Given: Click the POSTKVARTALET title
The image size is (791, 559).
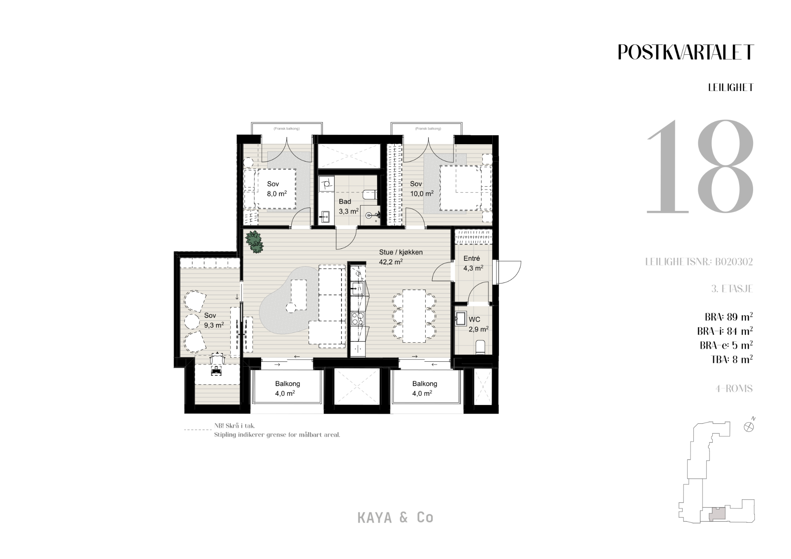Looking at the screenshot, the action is pos(686,52).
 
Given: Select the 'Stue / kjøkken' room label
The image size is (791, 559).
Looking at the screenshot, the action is pos(401,252).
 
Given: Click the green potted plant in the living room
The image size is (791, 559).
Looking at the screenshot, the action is pos(255,242).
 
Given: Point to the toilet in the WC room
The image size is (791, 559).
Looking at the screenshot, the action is pos(481,347).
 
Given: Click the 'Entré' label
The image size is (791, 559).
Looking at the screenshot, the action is pos(472,259).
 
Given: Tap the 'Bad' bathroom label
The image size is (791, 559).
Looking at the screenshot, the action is pos(345,201).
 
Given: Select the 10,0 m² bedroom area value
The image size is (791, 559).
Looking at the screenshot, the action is pos(422,193).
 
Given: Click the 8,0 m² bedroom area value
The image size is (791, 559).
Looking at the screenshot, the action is pos(277,193).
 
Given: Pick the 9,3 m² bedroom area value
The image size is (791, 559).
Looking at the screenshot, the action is pos(214,325).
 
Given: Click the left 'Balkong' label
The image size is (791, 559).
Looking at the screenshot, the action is pos(288,384).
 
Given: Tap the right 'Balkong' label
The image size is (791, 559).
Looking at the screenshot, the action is pos(425,384).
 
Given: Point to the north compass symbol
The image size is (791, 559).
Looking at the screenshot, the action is pos(749,426).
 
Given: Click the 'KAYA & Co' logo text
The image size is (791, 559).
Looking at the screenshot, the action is pos(395,518).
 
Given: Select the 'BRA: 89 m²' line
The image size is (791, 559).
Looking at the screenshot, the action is pos(729,317).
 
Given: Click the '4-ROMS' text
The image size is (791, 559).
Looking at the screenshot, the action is pos(734,388).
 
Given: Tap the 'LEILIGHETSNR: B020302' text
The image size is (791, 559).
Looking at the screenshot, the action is pos(699,262).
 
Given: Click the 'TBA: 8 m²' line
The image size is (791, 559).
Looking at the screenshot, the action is pos(732,359).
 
